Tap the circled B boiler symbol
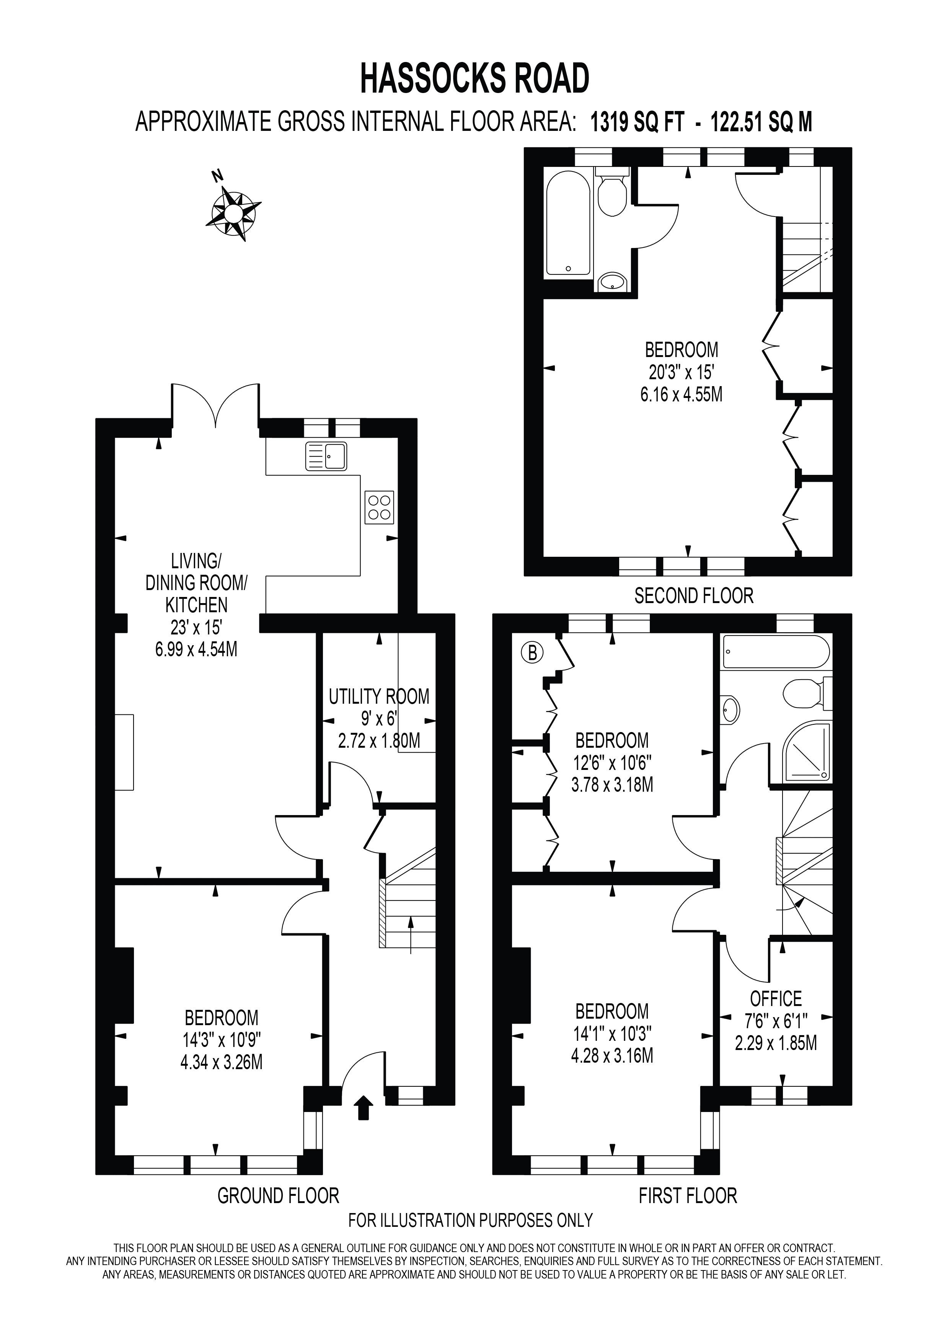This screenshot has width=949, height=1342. [532, 652]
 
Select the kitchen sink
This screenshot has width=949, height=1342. [326, 457]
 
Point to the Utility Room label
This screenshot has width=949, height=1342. [379, 697]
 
